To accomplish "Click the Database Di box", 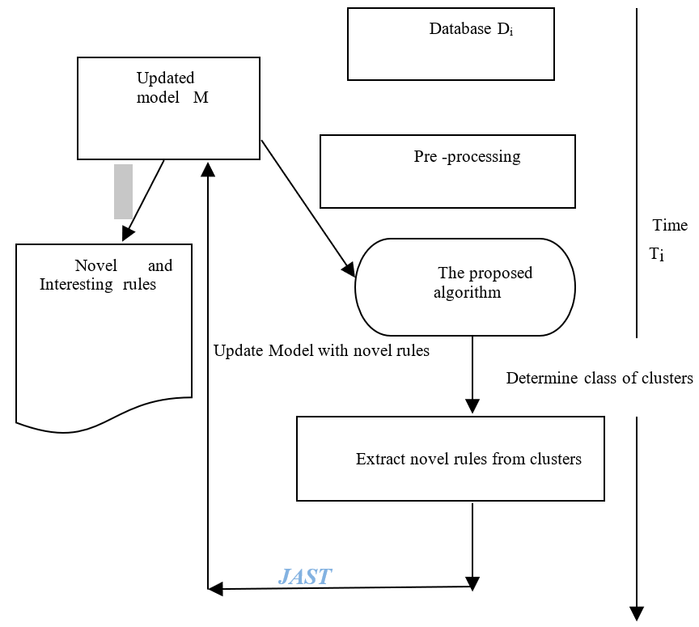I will coord(451,44).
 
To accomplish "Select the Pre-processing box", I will coord(447,172).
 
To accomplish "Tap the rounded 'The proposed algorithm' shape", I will coord(465,286).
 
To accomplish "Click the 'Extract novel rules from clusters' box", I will coord(450,459).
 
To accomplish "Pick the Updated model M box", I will coord(168,108).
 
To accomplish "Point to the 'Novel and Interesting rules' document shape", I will coord(104,332).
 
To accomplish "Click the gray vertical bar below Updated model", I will coord(123,192).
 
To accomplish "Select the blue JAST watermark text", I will coord(305,577).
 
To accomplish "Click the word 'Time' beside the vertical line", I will coord(670,226).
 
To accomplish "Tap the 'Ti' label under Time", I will coord(656,254).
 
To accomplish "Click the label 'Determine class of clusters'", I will coord(599,378).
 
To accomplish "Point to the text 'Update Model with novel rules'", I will coord(321,350).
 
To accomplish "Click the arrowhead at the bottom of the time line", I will coord(637,612).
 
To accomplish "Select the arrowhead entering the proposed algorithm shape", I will coord(349,270).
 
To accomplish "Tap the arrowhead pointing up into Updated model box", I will coord(208,168).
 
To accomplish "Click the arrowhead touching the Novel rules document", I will coord(127,235).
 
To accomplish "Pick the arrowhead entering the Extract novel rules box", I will coord(472,406).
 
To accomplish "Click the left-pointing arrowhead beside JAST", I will coord(215,590).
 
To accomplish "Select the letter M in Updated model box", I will coord(201,98).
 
